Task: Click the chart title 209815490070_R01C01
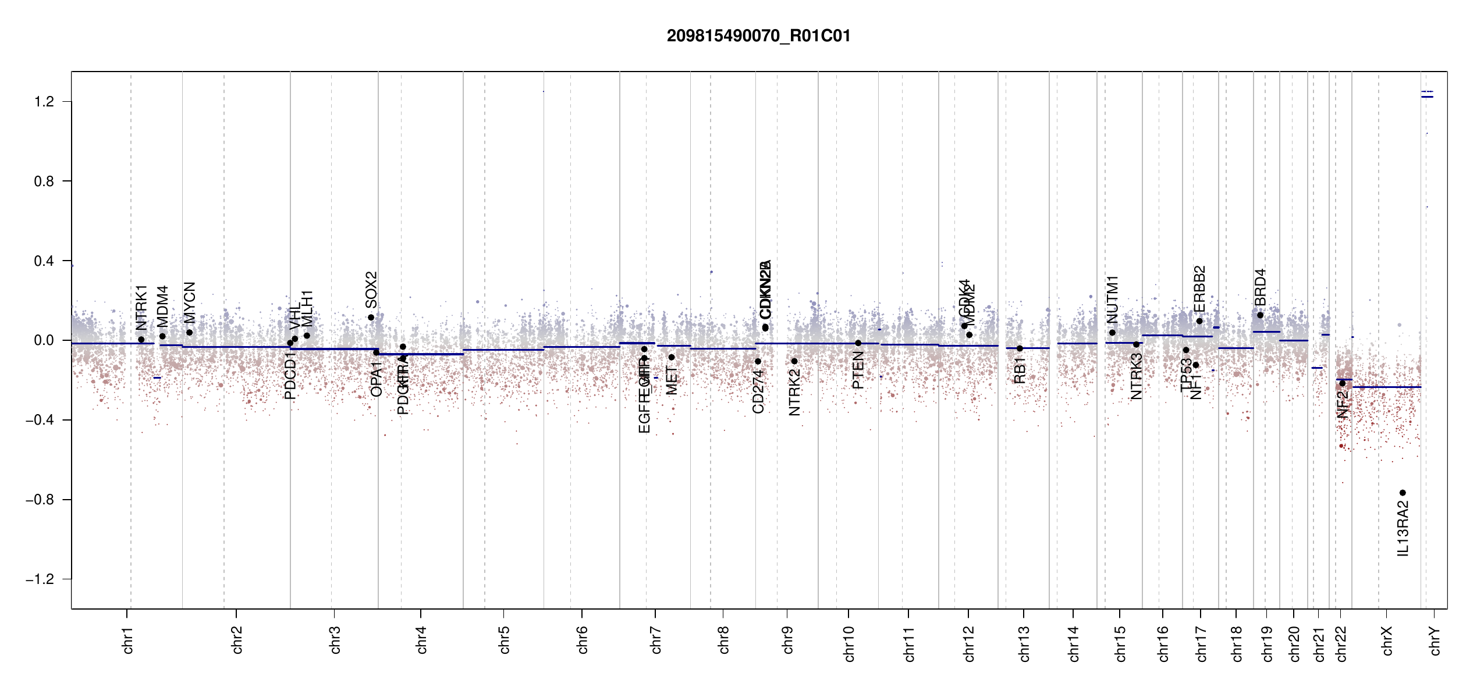[758, 36]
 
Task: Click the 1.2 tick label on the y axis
[44, 102]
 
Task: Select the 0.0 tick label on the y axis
[44, 340]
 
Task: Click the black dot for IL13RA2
[1403, 493]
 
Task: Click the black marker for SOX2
[371, 318]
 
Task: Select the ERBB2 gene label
[1199, 289]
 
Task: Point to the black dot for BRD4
[1260, 315]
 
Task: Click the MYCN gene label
[190, 302]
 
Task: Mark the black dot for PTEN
[858, 343]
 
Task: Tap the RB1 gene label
[1020, 371]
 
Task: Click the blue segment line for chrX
[1386, 387]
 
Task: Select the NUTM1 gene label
[1112, 300]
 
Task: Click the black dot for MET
[672, 357]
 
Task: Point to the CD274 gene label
[758, 391]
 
